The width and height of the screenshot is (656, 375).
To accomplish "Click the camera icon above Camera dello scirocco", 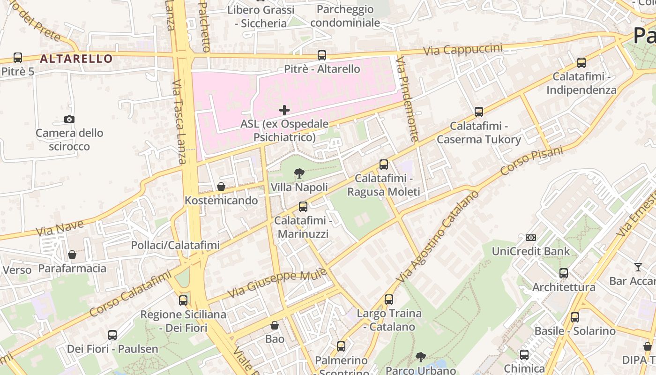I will click(69, 120).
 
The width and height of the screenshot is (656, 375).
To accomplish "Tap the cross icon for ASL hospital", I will click(284, 111).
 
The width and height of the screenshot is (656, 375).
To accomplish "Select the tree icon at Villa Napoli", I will click(299, 174).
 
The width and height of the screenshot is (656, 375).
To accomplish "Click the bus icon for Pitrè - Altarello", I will click(321, 55).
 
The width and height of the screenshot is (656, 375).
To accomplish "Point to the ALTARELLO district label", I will click(76, 59).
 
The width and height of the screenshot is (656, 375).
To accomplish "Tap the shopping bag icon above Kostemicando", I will click(221, 187).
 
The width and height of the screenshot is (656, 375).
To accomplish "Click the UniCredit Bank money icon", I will click(530, 238).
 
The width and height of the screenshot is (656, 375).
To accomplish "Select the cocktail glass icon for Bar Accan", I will click(638, 267).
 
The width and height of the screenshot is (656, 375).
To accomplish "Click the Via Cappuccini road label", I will click(462, 49).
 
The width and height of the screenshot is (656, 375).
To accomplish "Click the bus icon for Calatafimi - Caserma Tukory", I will click(478, 112).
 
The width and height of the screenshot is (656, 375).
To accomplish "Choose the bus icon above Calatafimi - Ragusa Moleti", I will click(383, 165).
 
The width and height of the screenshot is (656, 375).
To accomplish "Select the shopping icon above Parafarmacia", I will click(72, 255).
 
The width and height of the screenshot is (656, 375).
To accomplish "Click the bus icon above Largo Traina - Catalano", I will click(388, 300).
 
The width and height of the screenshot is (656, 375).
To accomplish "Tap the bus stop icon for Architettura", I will click(563, 273).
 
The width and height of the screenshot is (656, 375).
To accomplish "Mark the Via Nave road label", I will click(60, 228).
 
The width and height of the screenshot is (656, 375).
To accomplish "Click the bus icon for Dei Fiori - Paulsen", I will click(112, 335).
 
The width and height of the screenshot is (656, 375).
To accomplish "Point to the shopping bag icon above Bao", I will click(275, 325).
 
